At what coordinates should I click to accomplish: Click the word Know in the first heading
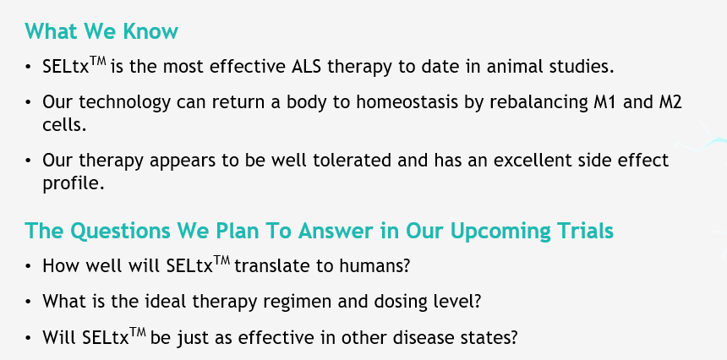pos(150,31)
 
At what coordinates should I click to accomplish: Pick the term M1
pos(605,102)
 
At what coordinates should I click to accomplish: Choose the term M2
pos(670,102)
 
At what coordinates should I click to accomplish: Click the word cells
pos(64,124)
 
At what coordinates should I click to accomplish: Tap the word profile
pos(74,183)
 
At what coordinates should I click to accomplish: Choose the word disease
pos(418,338)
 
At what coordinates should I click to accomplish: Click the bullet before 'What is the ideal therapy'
pos(29,302)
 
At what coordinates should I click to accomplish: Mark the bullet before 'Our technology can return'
pos(29,102)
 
